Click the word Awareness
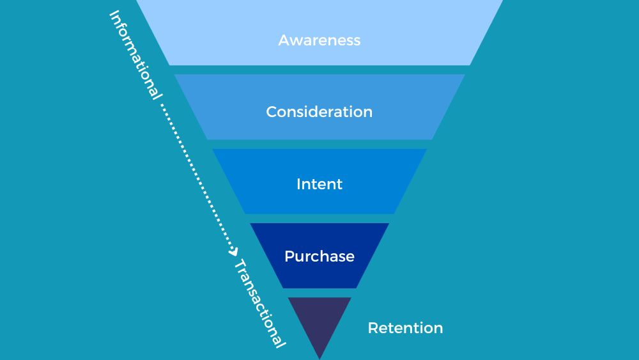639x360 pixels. [319, 40]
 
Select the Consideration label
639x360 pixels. [319, 112]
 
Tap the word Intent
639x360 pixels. [319, 184]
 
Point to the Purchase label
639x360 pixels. [319, 256]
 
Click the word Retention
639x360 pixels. [405, 328]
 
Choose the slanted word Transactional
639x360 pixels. [258, 303]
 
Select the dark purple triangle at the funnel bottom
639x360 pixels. [319, 320]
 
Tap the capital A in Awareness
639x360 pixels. [284, 40]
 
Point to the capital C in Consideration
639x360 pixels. [272, 112]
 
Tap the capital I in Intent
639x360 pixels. [298, 184]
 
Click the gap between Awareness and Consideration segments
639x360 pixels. [319, 70]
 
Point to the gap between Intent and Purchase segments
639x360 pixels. [319, 219]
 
